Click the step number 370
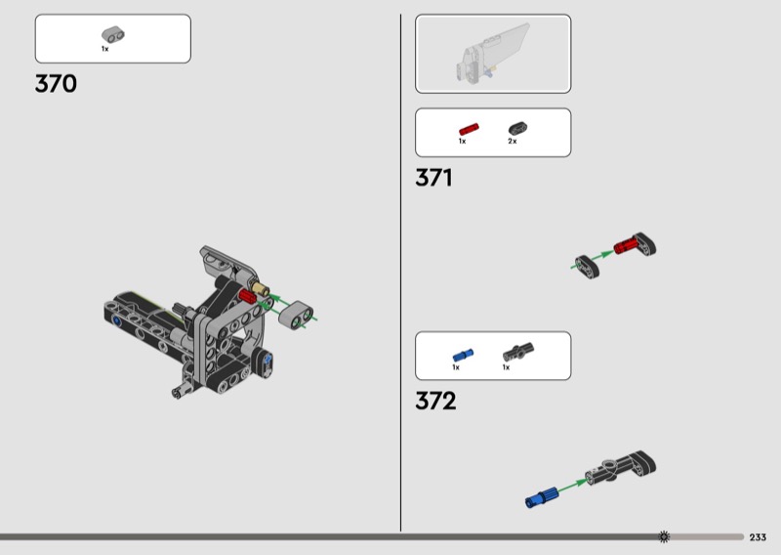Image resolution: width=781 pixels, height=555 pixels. tap(56, 84)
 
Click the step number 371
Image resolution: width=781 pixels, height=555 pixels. tap(433, 178)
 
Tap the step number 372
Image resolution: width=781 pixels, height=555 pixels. tap(435, 401)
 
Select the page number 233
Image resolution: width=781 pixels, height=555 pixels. tap(758, 537)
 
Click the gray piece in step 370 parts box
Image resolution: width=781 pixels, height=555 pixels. tap(112, 34)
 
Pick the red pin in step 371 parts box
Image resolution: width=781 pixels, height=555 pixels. tap(469, 128)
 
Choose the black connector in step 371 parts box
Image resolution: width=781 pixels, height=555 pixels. tap(516, 128)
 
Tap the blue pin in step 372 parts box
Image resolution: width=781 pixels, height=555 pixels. tap(462, 355)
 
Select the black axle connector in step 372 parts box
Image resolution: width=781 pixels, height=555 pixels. tap(514, 353)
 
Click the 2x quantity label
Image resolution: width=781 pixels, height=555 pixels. tap(512, 142)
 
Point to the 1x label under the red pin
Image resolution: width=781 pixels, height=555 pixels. tap(462, 142)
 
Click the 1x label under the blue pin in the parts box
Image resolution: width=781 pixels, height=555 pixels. tap(455, 367)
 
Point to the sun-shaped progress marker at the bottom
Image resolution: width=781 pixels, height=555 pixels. tap(664, 536)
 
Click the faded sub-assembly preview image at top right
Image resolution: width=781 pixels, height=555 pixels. tap(493, 55)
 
